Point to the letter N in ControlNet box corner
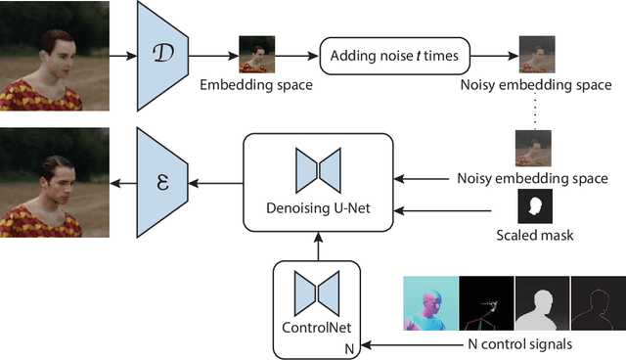click(346, 347)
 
